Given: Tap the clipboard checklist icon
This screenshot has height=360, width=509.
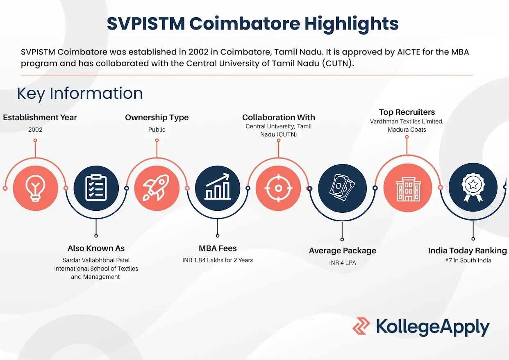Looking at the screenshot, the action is pyautogui.click(x=96, y=188).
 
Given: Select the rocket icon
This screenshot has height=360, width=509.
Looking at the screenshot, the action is pyautogui.click(x=156, y=188).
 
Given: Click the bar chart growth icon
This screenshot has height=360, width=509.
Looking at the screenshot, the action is pyautogui.click(x=218, y=187).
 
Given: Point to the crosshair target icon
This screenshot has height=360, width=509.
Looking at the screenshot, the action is pyautogui.click(x=278, y=188).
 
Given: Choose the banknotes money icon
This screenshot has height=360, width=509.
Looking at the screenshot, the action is pyautogui.click(x=342, y=188).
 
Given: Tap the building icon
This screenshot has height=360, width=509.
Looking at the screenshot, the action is pyautogui.click(x=408, y=189).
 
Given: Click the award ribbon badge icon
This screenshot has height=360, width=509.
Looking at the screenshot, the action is pyautogui.click(x=473, y=187).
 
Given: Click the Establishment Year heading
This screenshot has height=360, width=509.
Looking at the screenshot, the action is pyautogui.click(x=40, y=118).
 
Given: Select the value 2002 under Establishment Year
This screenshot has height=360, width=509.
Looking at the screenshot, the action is pyautogui.click(x=35, y=130).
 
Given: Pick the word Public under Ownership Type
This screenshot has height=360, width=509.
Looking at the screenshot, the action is pyautogui.click(x=157, y=130).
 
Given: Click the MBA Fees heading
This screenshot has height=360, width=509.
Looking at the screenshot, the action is pyautogui.click(x=218, y=248).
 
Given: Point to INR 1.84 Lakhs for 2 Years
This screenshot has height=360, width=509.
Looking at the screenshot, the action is pyautogui.click(x=218, y=260).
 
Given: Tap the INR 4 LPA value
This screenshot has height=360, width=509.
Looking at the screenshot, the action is pyautogui.click(x=343, y=263).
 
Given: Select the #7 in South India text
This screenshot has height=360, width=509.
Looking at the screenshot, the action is pyautogui.click(x=468, y=260).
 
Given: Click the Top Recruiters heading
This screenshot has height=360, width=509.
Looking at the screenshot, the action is pyautogui.click(x=407, y=112).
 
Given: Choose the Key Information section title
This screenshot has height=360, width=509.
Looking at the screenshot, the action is pyautogui.click(x=80, y=93).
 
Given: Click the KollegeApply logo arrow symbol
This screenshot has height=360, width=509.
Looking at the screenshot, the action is pyautogui.click(x=361, y=326).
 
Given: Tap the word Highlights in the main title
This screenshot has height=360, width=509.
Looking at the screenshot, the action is pyautogui.click(x=351, y=24).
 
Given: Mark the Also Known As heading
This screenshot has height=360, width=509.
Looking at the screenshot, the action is pyautogui.click(x=96, y=248).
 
